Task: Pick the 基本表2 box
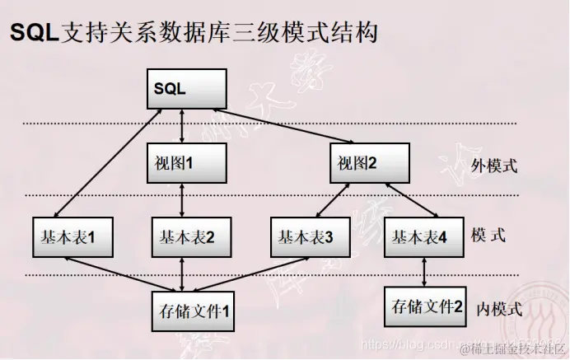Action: click(186, 237)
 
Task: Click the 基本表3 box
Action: click(306, 237)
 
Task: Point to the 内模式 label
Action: click(500, 310)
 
